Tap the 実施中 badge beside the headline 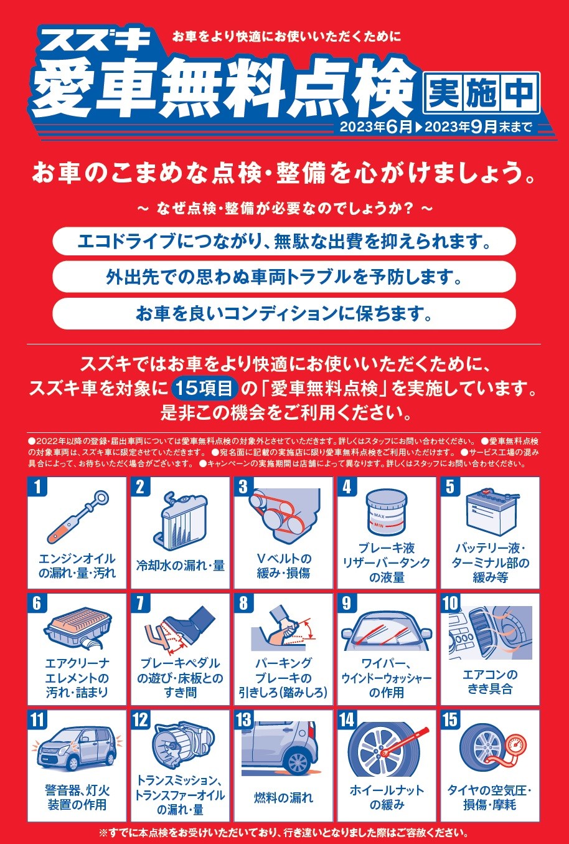(x=482, y=93)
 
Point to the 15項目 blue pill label (x=204, y=389)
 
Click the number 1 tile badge (x=37, y=487)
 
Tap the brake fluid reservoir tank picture (x=387, y=511)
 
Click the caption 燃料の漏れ (x=283, y=798)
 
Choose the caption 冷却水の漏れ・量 (x=181, y=565)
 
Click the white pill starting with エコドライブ (x=284, y=241)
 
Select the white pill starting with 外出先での (x=284, y=277)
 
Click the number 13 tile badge (x=244, y=720)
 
